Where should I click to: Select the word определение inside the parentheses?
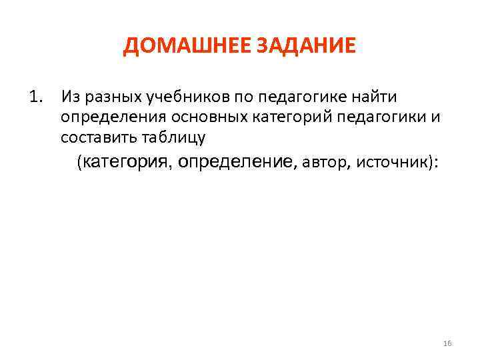pos(237,162)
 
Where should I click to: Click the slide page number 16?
pos(447,343)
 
